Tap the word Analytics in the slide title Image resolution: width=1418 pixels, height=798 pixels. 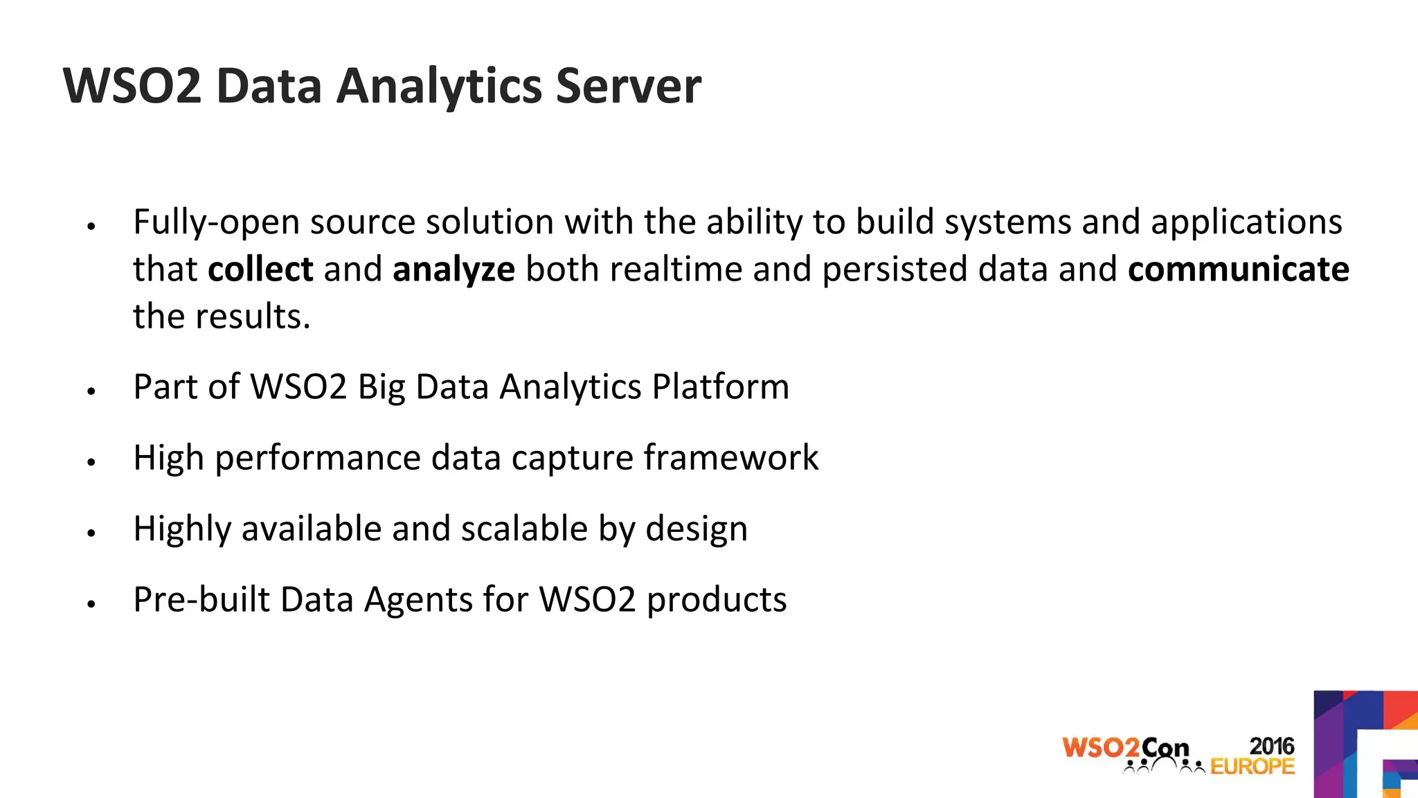pos(440,87)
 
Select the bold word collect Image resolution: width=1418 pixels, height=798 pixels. pos(260,269)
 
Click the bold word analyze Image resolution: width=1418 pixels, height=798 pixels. pos(454,270)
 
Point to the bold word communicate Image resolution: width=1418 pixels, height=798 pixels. pos(1238,269)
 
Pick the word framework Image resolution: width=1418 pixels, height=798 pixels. pos(730,458)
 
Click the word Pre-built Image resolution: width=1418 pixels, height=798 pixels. pos(201,599)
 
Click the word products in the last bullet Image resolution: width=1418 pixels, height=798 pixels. pos(717,601)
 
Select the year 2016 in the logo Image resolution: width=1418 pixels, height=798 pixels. pos(1271,746)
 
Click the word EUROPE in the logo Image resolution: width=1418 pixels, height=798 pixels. pos(1252,767)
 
